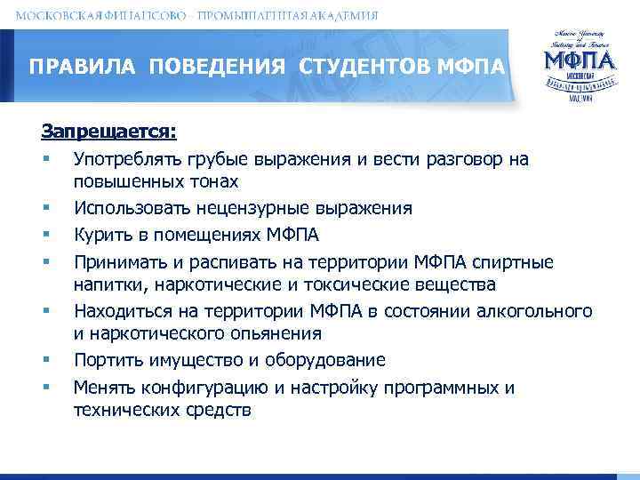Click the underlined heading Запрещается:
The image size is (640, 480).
(108, 132)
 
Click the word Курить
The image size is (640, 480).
(101, 235)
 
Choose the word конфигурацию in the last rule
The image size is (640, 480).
(190, 388)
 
